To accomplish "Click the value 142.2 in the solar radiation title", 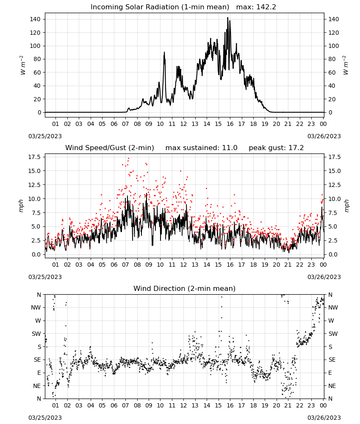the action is [266, 7].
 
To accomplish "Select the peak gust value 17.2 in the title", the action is [296, 148].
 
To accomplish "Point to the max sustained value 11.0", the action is [230, 148].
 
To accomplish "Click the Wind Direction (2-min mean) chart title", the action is [185, 288].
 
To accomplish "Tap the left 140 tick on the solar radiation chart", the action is [35, 19].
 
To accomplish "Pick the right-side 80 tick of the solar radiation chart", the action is [332, 59].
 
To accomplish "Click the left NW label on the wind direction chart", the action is [36, 307].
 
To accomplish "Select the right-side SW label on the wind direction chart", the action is [333, 334].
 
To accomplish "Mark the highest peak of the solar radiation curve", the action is [228, 17].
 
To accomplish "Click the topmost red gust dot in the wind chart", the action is [128, 159].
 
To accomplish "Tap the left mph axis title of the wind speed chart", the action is [21, 206].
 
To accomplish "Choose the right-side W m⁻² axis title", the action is [346, 65].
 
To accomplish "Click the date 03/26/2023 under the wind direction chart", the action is [324, 418].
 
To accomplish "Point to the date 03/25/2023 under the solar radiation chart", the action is [45, 136].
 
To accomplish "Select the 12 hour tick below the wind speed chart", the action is [183, 265].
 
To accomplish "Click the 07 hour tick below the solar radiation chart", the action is [125, 124].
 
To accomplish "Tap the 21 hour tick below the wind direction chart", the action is [288, 406].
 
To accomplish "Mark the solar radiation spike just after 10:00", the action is [164, 53].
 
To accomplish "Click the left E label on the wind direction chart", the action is [39, 373].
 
